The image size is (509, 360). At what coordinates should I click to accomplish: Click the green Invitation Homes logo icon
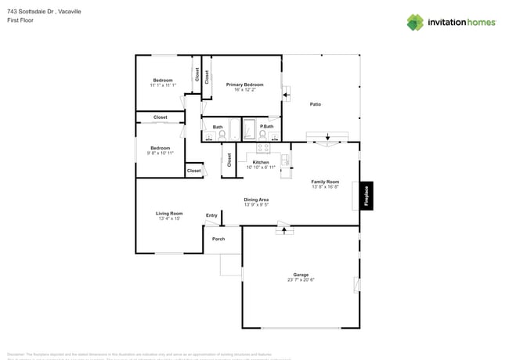415,22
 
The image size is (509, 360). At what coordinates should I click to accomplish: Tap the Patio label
316,104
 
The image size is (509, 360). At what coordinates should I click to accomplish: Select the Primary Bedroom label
245,85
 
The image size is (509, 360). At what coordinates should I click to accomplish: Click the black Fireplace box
366,196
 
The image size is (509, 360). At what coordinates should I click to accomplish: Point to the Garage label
301,275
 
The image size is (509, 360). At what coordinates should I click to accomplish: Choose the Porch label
218,239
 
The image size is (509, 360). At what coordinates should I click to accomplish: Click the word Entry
211,215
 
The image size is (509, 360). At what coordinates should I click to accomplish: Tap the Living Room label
169,213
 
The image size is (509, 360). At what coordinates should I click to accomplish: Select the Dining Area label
256,200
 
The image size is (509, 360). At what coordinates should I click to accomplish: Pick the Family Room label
325,182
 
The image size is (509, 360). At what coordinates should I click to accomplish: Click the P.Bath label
267,126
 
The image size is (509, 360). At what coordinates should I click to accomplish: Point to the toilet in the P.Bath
265,134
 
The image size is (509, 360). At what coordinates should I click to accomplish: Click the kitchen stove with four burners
263,147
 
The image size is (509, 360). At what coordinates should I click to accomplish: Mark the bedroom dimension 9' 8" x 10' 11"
161,153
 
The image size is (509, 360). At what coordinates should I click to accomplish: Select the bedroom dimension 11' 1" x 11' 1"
163,85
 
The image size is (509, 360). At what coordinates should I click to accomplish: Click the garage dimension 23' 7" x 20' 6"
301,280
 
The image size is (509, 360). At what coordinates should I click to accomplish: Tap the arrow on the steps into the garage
283,230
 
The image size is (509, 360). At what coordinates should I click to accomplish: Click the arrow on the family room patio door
327,143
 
